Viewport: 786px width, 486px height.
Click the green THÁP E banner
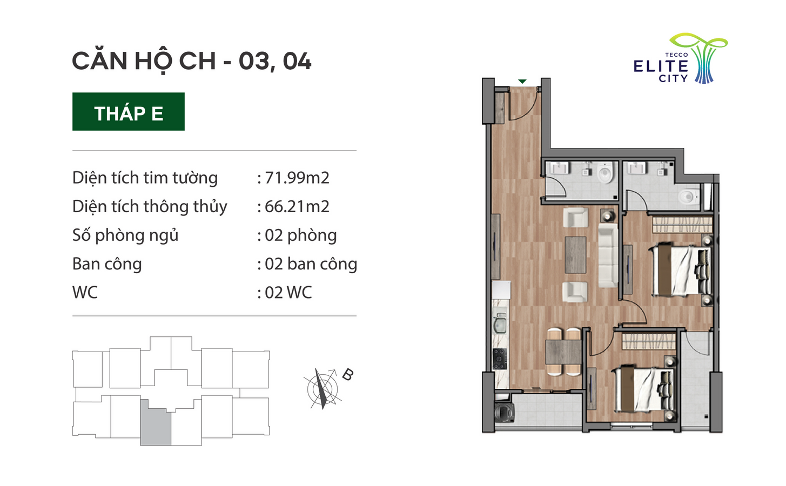tap(129, 111)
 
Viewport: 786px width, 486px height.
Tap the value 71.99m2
tap(297, 178)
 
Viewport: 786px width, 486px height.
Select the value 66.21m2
tap(297, 206)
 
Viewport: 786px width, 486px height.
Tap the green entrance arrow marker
tap(522, 82)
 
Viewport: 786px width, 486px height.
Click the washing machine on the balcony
tap(504, 413)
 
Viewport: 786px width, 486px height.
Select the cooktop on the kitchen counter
tap(500, 359)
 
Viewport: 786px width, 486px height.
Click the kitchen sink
tap(500, 323)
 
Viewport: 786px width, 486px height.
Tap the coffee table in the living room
tap(575, 255)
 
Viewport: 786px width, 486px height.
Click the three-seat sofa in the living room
tap(608, 255)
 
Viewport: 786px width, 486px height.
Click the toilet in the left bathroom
tap(605, 173)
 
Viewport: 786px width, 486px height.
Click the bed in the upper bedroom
tap(680, 271)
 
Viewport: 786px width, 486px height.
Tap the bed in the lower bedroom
tap(643, 389)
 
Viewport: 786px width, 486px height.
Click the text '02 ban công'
tap(311, 264)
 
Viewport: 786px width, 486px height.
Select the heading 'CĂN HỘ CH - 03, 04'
tap(192, 62)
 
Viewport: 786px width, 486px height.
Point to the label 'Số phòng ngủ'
tap(125, 235)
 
